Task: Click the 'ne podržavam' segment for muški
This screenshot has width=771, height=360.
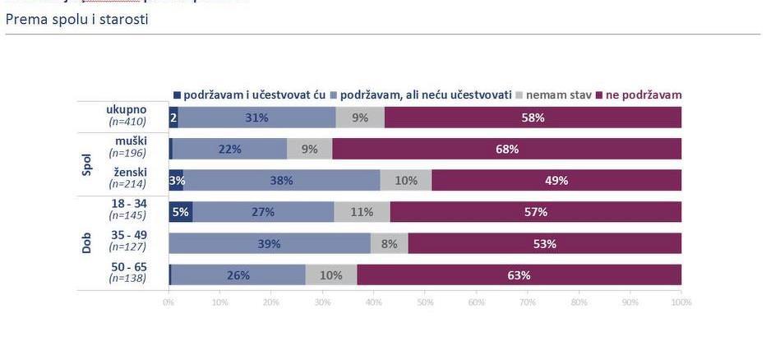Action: click(x=506, y=149)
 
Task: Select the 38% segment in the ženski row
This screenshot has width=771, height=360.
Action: click(x=281, y=181)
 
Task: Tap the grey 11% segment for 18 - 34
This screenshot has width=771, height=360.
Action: click(x=362, y=212)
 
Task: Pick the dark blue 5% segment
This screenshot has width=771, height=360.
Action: click(x=180, y=212)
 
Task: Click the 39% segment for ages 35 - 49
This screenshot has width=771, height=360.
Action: click(x=269, y=243)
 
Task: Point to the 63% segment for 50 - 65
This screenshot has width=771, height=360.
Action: click(x=519, y=275)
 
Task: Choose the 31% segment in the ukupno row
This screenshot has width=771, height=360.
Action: click(x=256, y=118)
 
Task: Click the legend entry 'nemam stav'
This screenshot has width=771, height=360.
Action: click(x=558, y=95)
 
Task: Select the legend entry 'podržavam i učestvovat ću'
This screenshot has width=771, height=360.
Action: click(x=255, y=95)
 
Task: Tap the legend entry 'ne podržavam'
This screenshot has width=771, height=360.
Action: click(x=644, y=95)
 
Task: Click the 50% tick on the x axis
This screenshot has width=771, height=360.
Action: click(x=425, y=302)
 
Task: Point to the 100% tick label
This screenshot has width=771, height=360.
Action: click(x=681, y=302)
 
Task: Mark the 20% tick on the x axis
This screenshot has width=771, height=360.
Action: click(x=271, y=302)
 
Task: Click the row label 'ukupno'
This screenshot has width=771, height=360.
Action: click(x=127, y=109)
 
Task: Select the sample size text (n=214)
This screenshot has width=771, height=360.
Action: click(x=127, y=184)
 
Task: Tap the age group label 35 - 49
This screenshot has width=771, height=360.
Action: click(x=128, y=235)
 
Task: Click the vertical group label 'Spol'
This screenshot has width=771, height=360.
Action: click(x=87, y=164)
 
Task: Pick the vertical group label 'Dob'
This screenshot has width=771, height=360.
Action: click(x=87, y=243)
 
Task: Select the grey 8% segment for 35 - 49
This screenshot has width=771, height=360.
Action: click(x=389, y=243)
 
